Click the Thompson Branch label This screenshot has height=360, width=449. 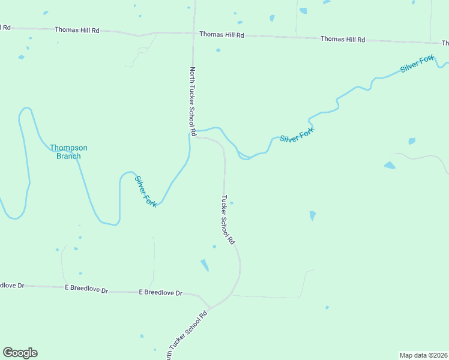point(68,152)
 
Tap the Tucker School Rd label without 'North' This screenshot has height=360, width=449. point(227,220)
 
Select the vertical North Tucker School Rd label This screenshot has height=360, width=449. point(193,101)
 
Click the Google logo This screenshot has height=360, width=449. point(20,353)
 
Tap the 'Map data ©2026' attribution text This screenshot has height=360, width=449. point(423,355)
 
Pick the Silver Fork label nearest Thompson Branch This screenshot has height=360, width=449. point(146,191)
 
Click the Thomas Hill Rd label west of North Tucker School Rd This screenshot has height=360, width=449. point(77,29)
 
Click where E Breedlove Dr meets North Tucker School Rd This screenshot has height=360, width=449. point(208,308)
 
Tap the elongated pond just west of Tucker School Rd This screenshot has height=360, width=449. point(205,265)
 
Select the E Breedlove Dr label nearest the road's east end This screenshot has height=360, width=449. point(160,293)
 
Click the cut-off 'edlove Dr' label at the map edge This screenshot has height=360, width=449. point(12,286)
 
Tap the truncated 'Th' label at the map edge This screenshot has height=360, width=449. point(445,43)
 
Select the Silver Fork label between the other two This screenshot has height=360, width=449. point(297,134)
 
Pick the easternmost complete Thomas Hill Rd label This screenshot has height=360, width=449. point(342,39)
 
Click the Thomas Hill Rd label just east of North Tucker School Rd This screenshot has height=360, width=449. point(221,35)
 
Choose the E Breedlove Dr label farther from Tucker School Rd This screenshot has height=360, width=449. point(86,289)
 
